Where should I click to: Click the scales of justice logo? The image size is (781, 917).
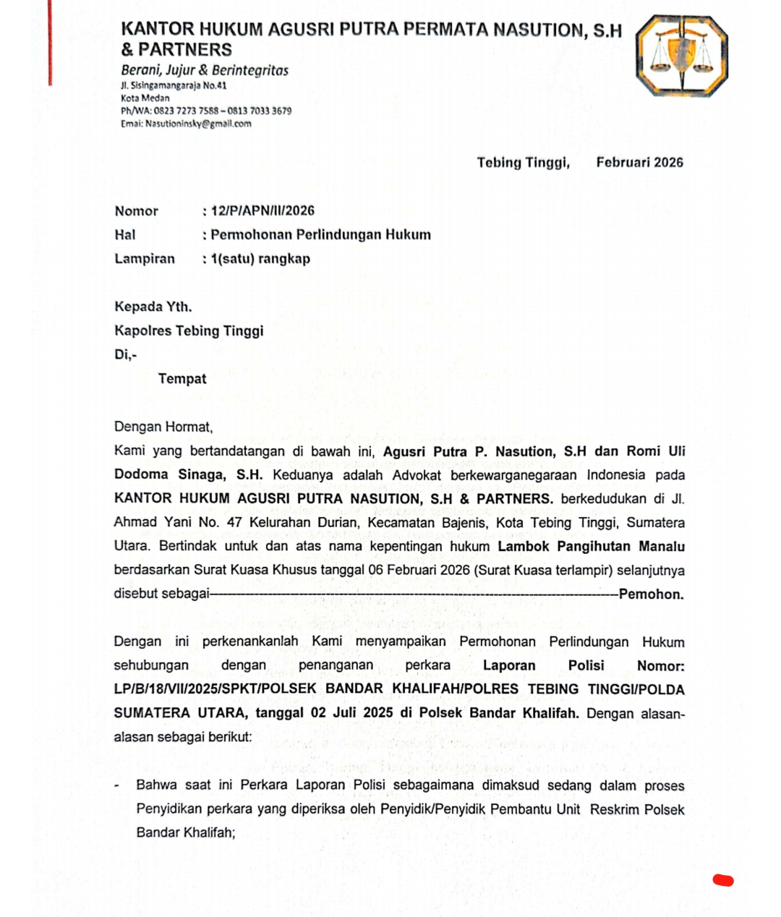pyautogui.click(x=681, y=56)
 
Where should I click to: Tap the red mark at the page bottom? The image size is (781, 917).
pyautogui.click(x=722, y=880)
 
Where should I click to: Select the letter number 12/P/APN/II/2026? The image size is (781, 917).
pyautogui.click(x=263, y=210)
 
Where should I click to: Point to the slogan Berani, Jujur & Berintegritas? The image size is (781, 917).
pyautogui.click(x=205, y=70)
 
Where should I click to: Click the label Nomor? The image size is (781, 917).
pyautogui.click(x=136, y=211)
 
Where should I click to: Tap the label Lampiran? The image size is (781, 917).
pyautogui.click(x=145, y=259)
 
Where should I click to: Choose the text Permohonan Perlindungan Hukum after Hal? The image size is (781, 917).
pyautogui.click(x=320, y=234)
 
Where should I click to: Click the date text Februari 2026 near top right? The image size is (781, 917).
pyautogui.click(x=639, y=162)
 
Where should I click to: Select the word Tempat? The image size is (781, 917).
pyautogui.click(x=182, y=378)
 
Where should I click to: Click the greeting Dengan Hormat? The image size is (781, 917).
pyautogui.click(x=163, y=427)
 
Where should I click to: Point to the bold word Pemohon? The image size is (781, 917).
pyautogui.click(x=651, y=594)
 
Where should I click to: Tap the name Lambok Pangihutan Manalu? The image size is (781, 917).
pyautogui.click(x=591, y=546)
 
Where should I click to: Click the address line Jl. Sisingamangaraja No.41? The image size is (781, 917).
pyautogui.click(x=174, y=85)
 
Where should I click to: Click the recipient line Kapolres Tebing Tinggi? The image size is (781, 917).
pyautogui.click(x=189, y=330)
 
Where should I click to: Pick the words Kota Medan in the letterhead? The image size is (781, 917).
pyautogui.click(x=145, y=98)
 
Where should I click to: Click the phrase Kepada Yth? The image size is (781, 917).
pyautogui.click(x=153, y=307)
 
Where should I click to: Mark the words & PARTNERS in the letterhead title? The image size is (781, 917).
pyautogui.click(x=176, y=49)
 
